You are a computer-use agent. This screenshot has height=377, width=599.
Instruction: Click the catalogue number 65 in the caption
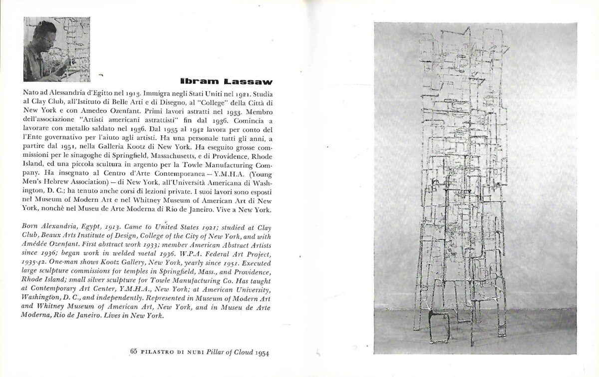[x=133, y=354]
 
